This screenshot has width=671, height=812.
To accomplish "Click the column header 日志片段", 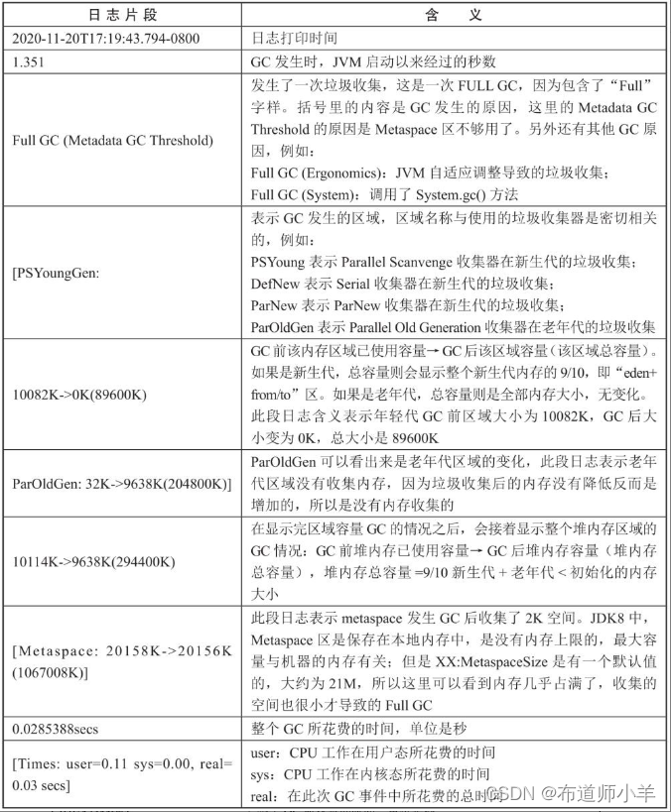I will (123, 16).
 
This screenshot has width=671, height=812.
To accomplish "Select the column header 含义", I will (458, 16).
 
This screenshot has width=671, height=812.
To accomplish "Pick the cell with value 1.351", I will (29, 60).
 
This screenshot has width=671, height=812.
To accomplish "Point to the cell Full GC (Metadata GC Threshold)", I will (112, 140).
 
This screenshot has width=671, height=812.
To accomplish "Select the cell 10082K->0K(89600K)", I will (79, 395).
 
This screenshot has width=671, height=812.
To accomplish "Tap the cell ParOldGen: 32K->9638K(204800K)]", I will (121, 483).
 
